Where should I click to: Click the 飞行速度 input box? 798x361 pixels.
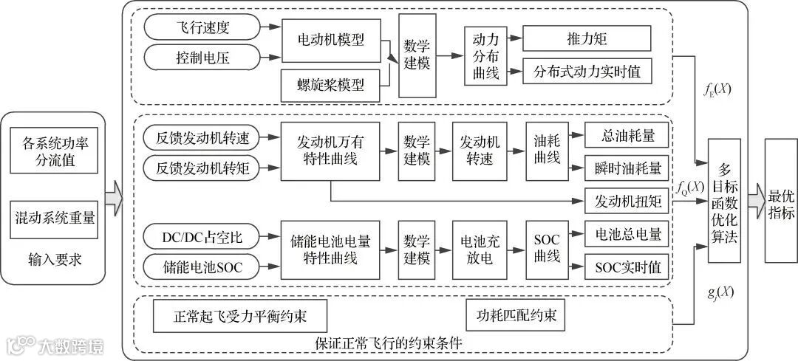point(202,27)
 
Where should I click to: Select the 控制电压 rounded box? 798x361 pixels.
point(202,56)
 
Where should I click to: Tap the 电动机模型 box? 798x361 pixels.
point(335,42)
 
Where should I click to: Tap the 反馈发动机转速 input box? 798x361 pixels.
point(202,137)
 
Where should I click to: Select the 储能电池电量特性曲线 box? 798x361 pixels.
point(330,249)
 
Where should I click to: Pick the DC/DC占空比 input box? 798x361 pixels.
point(202,238)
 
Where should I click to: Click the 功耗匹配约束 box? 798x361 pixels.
point(516,316)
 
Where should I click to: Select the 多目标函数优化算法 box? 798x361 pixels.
point(723,200)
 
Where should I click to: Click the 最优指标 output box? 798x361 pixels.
point(781,200)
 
